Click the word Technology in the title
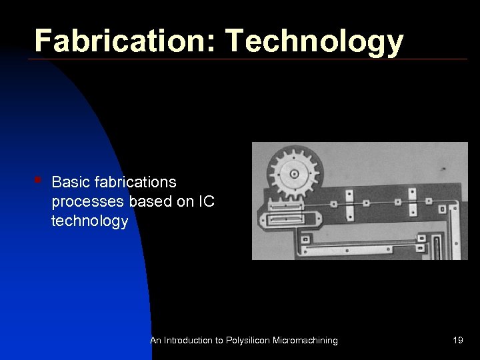[x=315, y=41]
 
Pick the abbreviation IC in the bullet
[x=206, y=201]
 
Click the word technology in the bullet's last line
[x=89, y=221]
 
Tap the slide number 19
[x=457, y=341]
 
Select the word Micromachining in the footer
[x=305, y=341]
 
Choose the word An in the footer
[x=156, y=341]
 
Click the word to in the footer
[x=218, y=341]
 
